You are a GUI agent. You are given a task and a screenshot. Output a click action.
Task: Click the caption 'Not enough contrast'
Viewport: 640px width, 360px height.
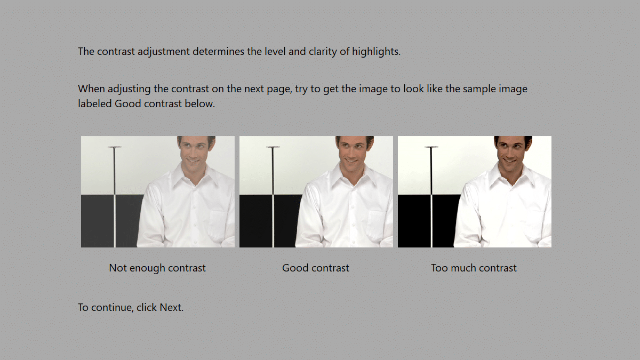[157, 268]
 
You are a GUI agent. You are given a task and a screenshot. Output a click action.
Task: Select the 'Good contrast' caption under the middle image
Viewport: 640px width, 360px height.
[316, 268]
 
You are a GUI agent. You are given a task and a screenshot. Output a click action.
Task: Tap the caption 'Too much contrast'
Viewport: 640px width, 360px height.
[474, 268]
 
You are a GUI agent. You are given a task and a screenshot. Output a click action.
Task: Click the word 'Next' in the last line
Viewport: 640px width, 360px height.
[171, 307]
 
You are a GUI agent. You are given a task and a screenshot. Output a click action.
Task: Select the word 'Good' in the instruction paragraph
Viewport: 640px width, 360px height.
[127, 103]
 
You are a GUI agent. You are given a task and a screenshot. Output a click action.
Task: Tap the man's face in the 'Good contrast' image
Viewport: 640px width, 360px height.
[354, 151]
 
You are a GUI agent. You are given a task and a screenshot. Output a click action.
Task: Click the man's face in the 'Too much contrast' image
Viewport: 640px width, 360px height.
[512, 151]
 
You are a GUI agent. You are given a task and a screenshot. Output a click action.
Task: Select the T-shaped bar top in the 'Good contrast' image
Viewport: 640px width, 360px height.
[273, 147]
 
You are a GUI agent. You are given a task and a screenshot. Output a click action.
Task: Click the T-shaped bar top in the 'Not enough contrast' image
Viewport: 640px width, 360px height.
[115, 147]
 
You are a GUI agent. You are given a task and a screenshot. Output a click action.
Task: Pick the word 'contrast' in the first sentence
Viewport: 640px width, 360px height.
[116, 52]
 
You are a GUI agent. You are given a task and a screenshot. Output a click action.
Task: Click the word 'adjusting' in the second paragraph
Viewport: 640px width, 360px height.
[129, 89]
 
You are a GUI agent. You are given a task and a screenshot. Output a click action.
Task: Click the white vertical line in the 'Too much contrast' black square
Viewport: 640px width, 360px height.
[431, 221]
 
